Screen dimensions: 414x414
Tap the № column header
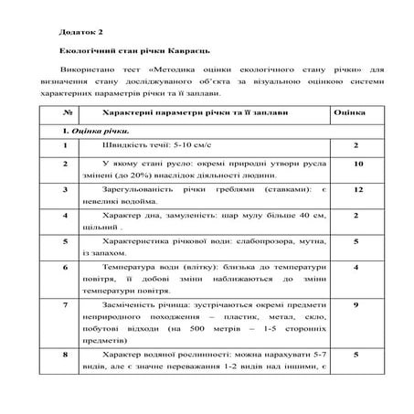click(66, 112)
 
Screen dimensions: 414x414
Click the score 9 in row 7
click(357, 304)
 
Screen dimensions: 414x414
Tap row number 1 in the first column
click(66, 146)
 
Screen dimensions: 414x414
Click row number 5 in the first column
click(66, 242)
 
